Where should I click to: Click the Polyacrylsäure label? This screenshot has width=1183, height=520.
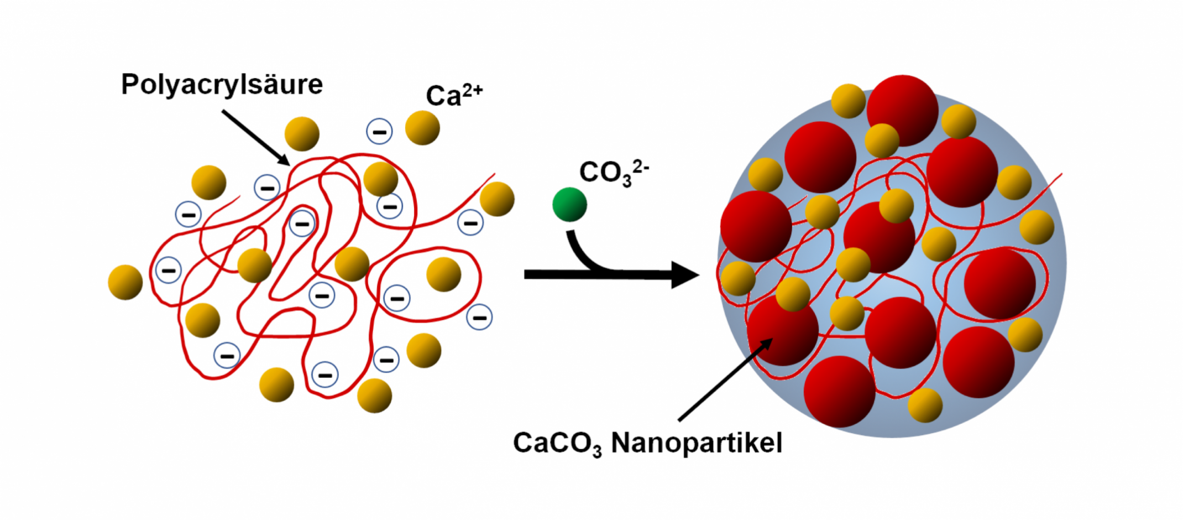pyautogui.click(x=222, y=85)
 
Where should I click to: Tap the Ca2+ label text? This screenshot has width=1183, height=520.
pyautogui.click(x=454, y=95)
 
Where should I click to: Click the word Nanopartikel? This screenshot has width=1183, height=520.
pyautogui.click(x=697, y=443)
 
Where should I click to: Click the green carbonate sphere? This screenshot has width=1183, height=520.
pyautogui.click(x=569, y=204)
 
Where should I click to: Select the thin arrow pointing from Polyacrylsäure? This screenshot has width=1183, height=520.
pyautogui.click(x=255, y=137)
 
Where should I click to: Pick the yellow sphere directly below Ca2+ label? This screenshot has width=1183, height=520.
pyautogui.click(x=422, y=128)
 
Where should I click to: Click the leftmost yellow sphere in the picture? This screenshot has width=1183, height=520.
pyautogui.click(x=125, y=282)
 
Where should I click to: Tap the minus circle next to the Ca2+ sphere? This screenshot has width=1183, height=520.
pyautogui.click(x=379, y=132)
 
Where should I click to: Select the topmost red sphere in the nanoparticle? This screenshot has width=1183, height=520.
pyautogui.click(x=902, y=110)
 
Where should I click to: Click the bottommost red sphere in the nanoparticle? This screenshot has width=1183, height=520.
pyautogui.click(x=839, y=392)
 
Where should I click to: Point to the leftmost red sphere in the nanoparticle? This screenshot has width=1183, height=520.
pyautogui.click(x=756, y=226)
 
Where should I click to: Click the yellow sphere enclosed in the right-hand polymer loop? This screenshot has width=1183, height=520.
pyautogui.click(x=443, y=274)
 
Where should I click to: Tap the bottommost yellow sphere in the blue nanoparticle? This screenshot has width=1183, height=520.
pyautogui.click(x=925, y=405)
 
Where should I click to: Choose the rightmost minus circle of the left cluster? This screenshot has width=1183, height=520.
pyautogui.click(x=479, y=318)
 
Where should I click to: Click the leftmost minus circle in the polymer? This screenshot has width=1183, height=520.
pyautogui.click(x=169, y=271)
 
